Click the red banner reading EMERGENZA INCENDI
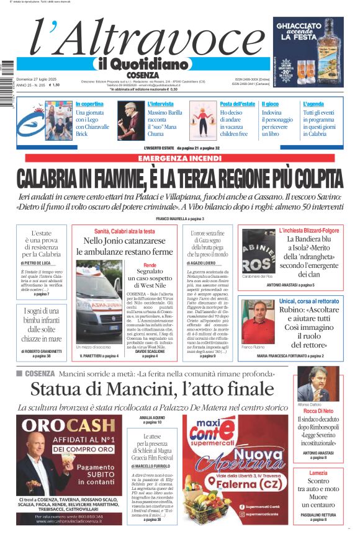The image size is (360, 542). pyautogui.click(x=179, y=159)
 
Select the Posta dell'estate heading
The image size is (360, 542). pyautogui.click(x=237, y=104)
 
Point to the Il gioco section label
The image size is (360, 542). pyautogui.click(x=270, y=104)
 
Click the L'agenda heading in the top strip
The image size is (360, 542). pyautogui.click(x=313, y=104)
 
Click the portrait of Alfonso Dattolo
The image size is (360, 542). pyautogui.click(x=318, y=384)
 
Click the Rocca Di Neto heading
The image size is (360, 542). pyautogui.click(x=318, y=411)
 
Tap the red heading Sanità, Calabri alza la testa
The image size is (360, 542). pyautogui.click(x=124, y=231)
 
